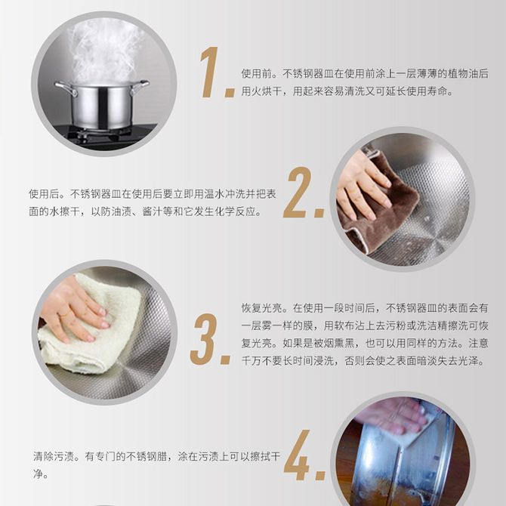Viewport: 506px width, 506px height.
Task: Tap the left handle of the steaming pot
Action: click(x=66, y=88)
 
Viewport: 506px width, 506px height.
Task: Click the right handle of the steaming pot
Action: click(x=140, y=87)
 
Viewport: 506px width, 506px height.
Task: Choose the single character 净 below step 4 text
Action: click(x=38, y=474)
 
